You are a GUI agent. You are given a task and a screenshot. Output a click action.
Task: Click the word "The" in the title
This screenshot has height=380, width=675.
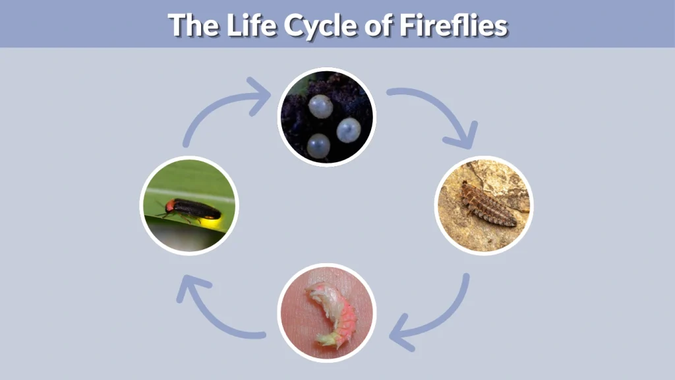[192, 24]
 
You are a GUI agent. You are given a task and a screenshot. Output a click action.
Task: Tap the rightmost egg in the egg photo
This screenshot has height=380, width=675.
[349, 130]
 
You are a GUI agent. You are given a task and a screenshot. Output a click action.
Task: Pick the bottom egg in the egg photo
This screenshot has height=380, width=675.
[318, 145]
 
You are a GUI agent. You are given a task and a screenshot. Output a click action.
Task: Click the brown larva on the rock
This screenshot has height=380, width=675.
[487, 204]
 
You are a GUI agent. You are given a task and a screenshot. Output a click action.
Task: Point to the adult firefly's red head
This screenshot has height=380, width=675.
[170, 206]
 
